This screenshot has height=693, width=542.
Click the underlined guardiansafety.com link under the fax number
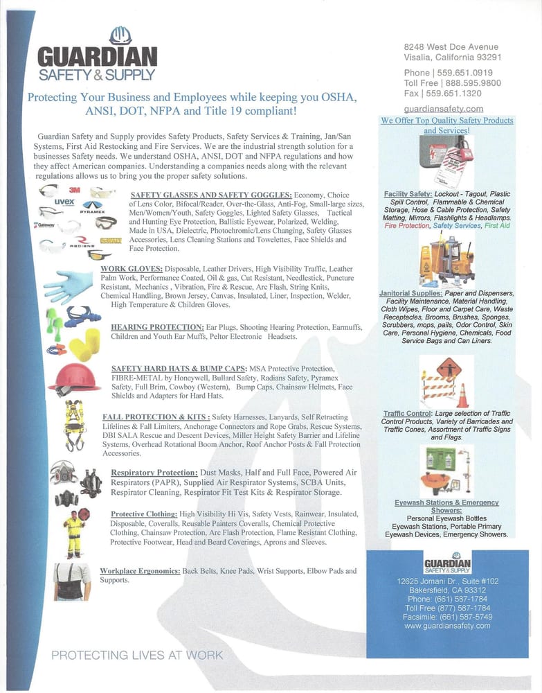coord(443,109)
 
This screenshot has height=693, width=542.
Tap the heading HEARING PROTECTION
coord(157,326)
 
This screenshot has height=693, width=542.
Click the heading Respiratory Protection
coord(156,473)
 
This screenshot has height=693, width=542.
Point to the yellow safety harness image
coord(74,424)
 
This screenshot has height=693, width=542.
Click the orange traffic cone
coord(462,396)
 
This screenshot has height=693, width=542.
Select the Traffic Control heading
coord(407,414)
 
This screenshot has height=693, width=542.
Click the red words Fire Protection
coord(407,226)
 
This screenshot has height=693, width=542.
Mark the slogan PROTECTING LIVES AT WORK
coord(137,655)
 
